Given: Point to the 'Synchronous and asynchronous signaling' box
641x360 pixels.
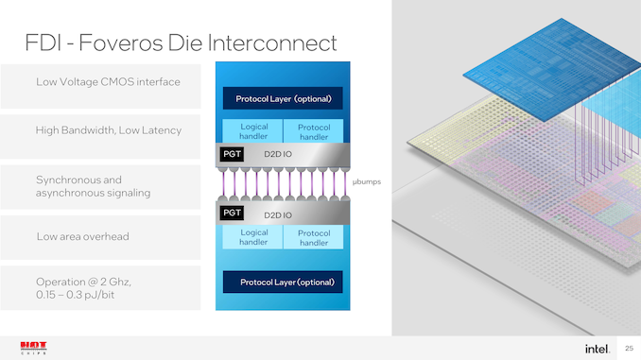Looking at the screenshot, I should click(x=100, y=185).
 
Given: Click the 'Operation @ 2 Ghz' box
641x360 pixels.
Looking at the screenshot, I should click(x=100, y=287).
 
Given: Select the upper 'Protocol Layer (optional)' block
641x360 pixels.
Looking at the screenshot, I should click(x=283, y=98).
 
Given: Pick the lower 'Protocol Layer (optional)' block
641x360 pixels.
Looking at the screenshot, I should click(x=283, y=283).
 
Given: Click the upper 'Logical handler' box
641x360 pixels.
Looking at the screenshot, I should click(x=254, y=131).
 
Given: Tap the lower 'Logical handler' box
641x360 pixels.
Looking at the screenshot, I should click(x=254, y=236).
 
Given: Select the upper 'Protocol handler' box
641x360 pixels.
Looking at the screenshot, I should click(x=313, y=131).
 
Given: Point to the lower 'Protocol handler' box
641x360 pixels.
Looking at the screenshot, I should click(x=313, y=236).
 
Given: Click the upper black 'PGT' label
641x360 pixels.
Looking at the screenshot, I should click(x=232, y=152).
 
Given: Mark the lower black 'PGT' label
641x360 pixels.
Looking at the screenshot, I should click(x=232, y=213).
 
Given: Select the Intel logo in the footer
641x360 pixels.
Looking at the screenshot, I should click(x=597, y=348).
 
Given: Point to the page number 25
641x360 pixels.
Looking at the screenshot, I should click(x=628, y=348).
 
